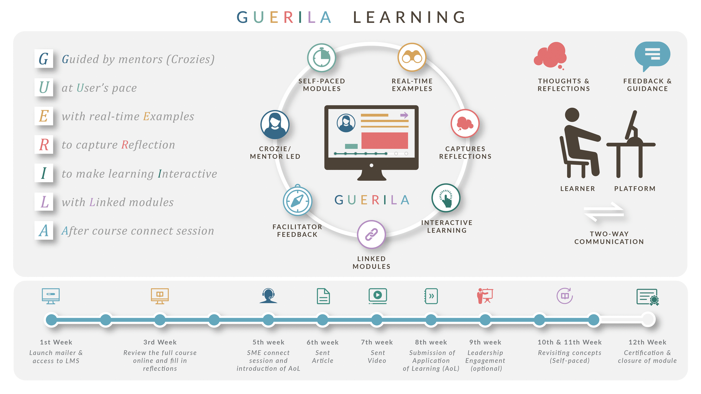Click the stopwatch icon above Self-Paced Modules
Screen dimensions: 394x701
click(x=321, y=58)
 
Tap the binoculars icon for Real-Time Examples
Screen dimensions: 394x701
click(x=412, y=57)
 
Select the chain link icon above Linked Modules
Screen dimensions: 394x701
click(x=371, y=234)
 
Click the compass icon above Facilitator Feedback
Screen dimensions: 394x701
click(x=297, y=201)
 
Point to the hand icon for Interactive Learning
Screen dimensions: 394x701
click(x=446, y=198)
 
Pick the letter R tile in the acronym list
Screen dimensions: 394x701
click(x=44, y=145)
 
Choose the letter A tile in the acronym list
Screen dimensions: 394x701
click(x=44, y=231)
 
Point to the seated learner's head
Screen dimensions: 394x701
click(x=572, y=114)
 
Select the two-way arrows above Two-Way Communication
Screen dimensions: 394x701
click(x=604, y=212)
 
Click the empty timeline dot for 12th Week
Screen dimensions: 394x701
click(x=648, y=320)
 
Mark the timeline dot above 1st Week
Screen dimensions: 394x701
click(x=52, y=320)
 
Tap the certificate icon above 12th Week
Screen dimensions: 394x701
click(x=647, y=297)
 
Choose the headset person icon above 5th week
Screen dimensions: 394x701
click(x=268, y=296)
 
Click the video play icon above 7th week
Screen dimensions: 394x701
click(x=377, y=295)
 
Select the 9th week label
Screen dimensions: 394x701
click(x=485, y=342)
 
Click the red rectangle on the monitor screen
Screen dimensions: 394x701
click(x=384, y=141)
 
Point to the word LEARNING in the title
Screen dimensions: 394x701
click(x=410, y=17)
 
